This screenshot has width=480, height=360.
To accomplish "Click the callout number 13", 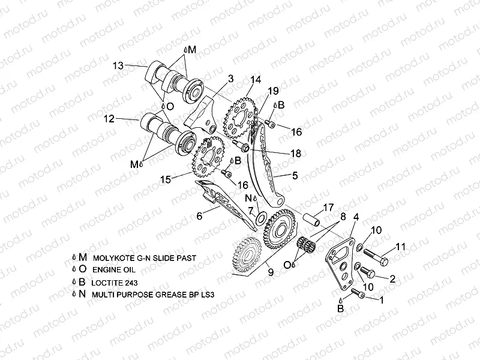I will (x=118, y=65).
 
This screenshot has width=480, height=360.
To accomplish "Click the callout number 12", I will (x=109, y=119).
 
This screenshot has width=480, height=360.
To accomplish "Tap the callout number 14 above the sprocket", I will (x=256, y=79).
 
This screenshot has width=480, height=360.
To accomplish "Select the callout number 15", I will (x=166, y=179).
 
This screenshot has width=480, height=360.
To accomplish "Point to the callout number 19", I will (x=273, y=91).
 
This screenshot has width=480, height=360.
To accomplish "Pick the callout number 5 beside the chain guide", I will (x=295, y=176).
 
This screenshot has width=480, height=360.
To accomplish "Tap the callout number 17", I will (x=328, y=208).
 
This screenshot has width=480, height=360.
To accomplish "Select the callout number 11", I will (x=401, y=246).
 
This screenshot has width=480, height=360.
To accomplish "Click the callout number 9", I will (x=271, y=272).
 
